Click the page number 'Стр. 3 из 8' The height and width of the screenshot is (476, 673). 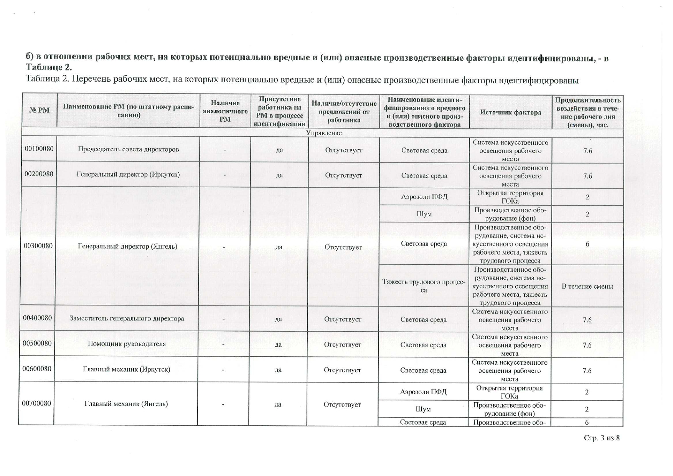602,438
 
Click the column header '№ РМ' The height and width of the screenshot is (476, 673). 39,110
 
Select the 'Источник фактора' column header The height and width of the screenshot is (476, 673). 510,112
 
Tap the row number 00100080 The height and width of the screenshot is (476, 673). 39,149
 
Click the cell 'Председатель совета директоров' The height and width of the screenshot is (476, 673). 128,149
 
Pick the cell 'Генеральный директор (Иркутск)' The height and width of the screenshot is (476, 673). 128,175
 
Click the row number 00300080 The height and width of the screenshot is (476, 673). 38,246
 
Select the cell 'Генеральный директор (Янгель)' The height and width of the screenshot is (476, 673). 127,246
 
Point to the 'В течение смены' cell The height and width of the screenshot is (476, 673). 587,286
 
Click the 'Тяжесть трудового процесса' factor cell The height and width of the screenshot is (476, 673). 424,286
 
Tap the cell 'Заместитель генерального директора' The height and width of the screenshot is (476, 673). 127,319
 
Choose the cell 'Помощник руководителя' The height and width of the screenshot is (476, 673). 127,344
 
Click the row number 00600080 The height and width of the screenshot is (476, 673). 37,369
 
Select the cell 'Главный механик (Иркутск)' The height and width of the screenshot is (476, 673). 126,370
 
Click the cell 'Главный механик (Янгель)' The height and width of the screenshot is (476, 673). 126,404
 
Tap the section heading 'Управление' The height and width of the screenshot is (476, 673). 324,133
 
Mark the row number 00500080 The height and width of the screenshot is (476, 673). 37,343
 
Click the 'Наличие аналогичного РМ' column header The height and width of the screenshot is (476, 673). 225,111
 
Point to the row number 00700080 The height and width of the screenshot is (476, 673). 36,403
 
